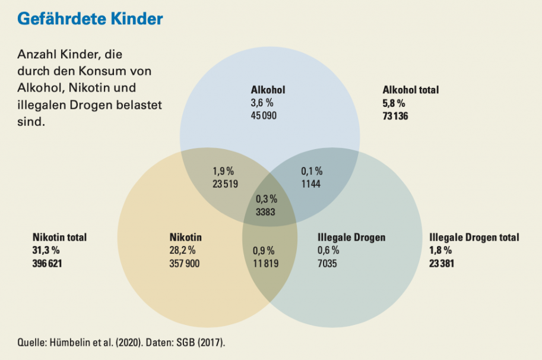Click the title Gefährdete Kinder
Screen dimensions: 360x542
point(90,18)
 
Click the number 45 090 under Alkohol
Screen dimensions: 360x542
point(264,114)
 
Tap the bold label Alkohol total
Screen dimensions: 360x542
point(411,90)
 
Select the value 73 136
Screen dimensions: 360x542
point(395,116)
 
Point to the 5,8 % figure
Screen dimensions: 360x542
point(394,103)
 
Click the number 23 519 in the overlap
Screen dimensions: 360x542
point(225,184)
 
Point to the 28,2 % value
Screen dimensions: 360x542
point(183,250)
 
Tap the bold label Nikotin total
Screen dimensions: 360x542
point(59,237)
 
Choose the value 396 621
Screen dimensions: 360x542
point(47,263)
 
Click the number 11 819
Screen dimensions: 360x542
point(265,263)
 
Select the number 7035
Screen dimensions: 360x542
point(327,263)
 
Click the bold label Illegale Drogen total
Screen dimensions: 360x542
point(474,237)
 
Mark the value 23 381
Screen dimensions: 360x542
point(442,263)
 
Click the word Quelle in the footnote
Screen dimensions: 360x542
point(32,343)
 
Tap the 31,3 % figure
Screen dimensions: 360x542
point(45,250)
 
